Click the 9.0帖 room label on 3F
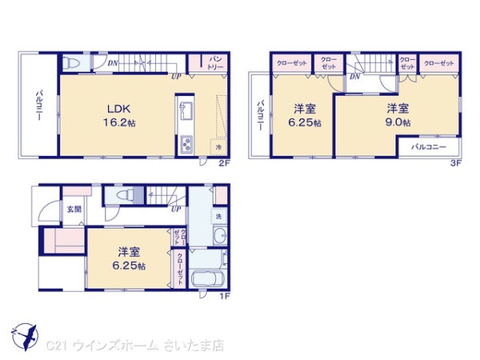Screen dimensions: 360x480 point(398,114)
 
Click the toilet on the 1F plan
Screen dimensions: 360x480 point(123,197)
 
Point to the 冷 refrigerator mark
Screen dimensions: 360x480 point(218,147)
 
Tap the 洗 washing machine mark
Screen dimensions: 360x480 point(218,216)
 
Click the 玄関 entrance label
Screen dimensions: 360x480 point(74,210)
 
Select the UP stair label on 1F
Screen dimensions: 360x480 point(174,210)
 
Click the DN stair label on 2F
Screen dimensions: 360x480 point(112,62)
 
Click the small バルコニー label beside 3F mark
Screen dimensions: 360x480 point(428,147)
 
